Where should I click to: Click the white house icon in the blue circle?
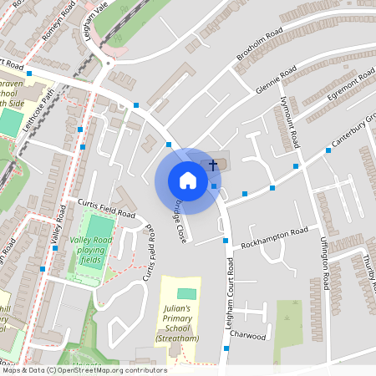coord(188,180)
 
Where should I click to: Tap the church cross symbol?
coord(213,165)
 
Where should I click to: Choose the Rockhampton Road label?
coord(274,237)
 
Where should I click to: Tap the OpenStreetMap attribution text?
coord(84,370)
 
